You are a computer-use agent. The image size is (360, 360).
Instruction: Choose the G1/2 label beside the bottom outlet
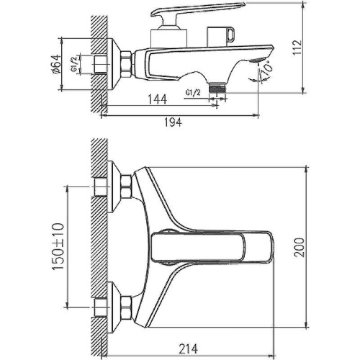(x=193, y=92)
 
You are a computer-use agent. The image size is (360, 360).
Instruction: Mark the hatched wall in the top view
(x=96, y=245)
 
